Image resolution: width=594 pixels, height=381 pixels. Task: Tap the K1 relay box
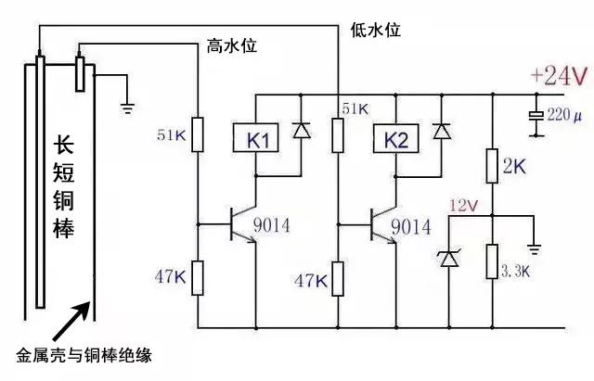256,141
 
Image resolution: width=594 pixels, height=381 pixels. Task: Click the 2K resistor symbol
493,168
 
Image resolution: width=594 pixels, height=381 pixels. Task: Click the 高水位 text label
229,46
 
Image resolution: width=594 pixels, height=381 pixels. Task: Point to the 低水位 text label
376,31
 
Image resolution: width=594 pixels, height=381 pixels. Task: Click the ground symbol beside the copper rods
129,108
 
